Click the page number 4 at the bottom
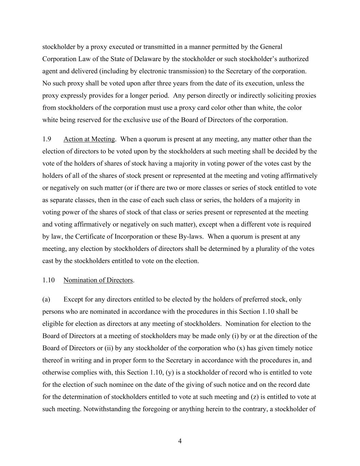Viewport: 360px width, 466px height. (x=180, y=441)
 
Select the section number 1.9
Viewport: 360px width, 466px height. (x=47, y=139)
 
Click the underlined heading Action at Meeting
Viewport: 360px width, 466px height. (x=89, y=139)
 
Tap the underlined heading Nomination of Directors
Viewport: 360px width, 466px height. (x=98, y=280)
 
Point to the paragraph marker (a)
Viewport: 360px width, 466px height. (x=46, y=299)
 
